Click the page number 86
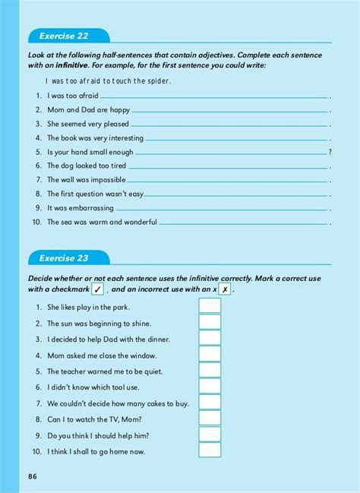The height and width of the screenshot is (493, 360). [33, 476]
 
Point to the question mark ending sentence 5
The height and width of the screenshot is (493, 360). [330, 152]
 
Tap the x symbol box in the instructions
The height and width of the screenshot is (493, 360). [225, 289]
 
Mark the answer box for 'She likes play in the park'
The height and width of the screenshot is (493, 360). [210, 306]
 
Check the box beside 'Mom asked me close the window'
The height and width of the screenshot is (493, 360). [210, 355]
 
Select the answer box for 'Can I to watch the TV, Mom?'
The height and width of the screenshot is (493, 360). [210, 419]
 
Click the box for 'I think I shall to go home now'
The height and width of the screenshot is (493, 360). [210, 450]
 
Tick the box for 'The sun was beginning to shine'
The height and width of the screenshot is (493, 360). [210, 322]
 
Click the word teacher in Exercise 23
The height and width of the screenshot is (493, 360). [73, 371]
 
